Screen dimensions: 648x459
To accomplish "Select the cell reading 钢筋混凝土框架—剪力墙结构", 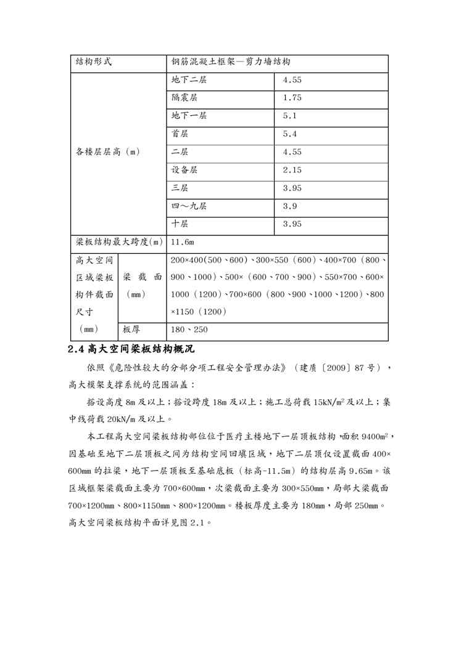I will coord(231,63).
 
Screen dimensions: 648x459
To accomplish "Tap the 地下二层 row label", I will coord(189,81).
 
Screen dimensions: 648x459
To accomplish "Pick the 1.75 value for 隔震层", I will coord(292,99).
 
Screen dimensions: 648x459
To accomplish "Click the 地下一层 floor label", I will coord(189,116).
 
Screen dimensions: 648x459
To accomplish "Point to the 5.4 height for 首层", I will coord(290,134).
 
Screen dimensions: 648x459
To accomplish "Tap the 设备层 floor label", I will coord(185,170).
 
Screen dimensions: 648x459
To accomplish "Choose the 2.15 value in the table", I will coord(292,170).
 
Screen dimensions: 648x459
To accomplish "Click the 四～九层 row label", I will coord(189,206).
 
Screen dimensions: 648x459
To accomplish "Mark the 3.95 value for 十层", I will coord(292,224).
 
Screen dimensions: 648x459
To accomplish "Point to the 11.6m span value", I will coord(183,243).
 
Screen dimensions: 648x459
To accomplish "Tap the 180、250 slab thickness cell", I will coord(189,330).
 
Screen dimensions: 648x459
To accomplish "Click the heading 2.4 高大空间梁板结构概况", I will coord(131,349).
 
